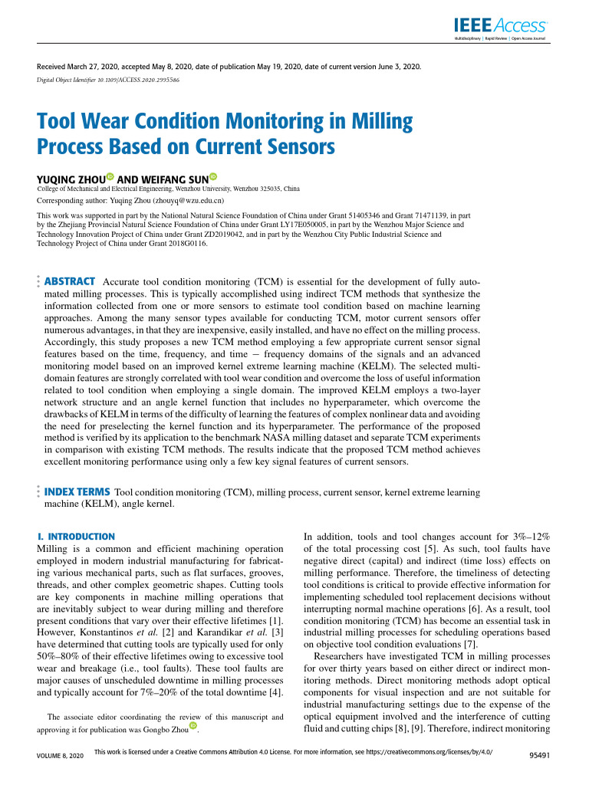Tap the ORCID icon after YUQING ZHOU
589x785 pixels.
click(x=110, y=177)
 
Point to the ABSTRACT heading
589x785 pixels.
click(x=70, y=281)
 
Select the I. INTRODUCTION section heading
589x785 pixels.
click(x=76, y=537)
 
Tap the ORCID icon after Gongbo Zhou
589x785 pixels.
click(x=193, y=725)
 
